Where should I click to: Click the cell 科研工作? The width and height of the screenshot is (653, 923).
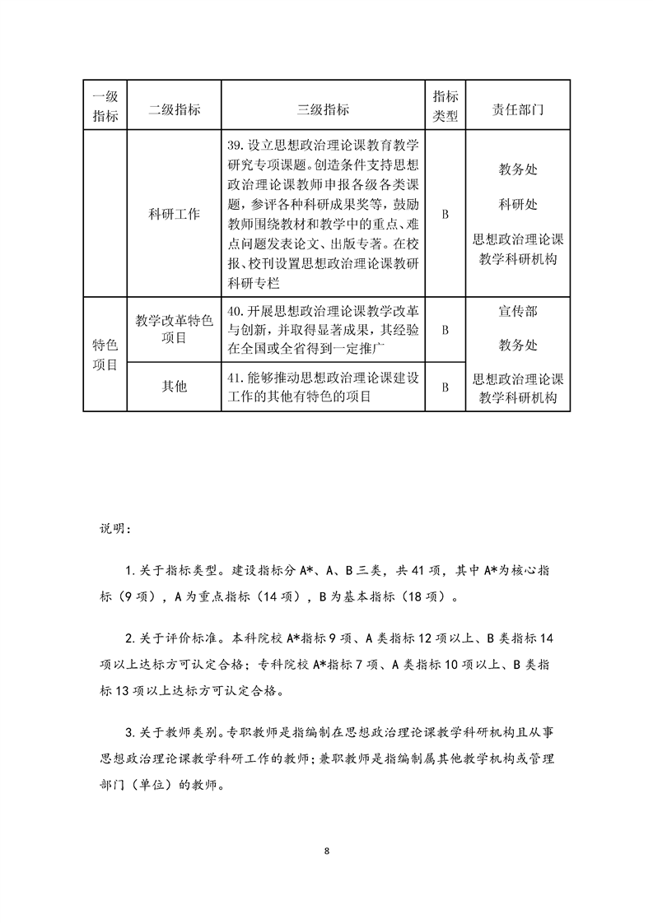(174, 214)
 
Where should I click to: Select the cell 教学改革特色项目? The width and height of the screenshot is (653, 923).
(174, 329)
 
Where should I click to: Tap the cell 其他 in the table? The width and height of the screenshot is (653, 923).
(174, 386)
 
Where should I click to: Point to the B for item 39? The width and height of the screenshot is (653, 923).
(445, 214)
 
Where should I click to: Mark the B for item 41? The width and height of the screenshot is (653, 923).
(445, 387)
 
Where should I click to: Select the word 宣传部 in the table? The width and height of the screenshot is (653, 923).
(518, 313)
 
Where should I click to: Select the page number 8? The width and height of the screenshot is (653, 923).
(327, 850)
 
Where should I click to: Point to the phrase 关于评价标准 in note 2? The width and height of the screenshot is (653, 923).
(176, 638)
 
